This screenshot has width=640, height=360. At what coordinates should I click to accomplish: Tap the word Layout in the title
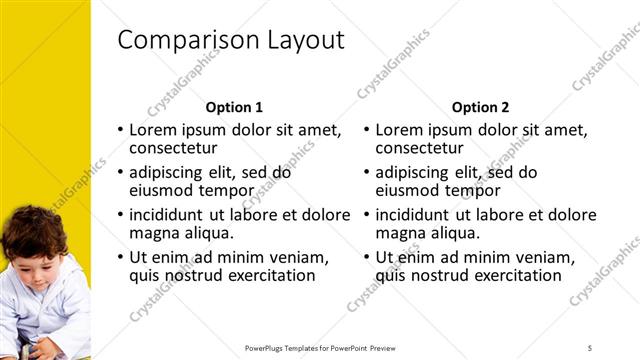[x=305, y=40]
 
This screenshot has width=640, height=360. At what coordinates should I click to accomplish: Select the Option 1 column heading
[x=234, y=107]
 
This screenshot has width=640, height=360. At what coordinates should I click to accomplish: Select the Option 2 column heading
[x=480, y=107]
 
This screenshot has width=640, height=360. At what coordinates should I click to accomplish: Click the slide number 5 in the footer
[x=590, y=347]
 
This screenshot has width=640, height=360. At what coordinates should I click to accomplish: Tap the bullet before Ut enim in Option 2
[x=366, y=258]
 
